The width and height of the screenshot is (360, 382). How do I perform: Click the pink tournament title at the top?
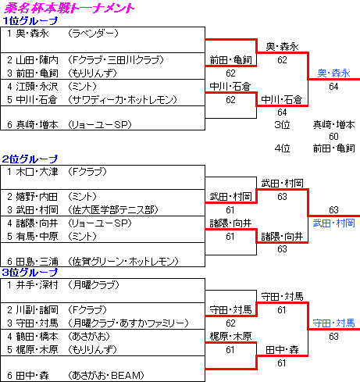pyautogui.click(x=69, y=8)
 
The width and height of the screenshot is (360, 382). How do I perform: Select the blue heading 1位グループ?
pyautogui.click(x=30, y=21)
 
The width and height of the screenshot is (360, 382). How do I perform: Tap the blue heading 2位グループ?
pyautogui.click(x=30, y=159)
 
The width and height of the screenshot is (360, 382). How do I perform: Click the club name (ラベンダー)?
pyautogui.click(x=93, y=34)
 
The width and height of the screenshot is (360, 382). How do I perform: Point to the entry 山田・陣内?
pyautogui.click(x=37, y=60)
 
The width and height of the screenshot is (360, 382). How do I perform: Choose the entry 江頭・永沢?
pyautogui.click(x=37, y=87)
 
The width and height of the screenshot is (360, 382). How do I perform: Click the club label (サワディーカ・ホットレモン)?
pyautogui.click(x=123, y=100)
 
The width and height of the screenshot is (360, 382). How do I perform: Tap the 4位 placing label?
pyautogui.click(x=282, y=148)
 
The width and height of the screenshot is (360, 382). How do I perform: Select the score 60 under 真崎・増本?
pyautogui.click(x=333, y=136)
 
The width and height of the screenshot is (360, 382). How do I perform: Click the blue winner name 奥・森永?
pyautogui.click(x=333, y=73)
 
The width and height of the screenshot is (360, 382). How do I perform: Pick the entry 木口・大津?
pyautogui.click(x=37, y=172)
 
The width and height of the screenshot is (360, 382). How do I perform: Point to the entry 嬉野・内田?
pyautogui.click(x=37, y=197)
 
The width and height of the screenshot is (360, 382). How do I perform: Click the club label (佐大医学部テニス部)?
pyautogui.click(x=113, y=210)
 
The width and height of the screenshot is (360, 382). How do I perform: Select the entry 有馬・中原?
pyautogui.click(x=37, y=237)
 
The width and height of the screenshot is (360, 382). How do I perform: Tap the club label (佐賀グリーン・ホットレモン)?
pyautogui.click(x=123, y=261)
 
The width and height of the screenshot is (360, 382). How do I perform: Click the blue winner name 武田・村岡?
pyautogui.click(x=333, y=223)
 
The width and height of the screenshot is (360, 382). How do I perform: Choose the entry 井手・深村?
pyautogui.click(x=37, y=285)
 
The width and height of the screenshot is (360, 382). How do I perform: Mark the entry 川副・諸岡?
pyautogui.click(x=37, y=310)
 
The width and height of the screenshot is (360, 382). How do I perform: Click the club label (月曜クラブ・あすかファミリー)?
pyautogui.click(x=128, y=323)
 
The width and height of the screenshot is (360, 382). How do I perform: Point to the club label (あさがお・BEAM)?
pyautogui.click(x=106, y=376)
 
